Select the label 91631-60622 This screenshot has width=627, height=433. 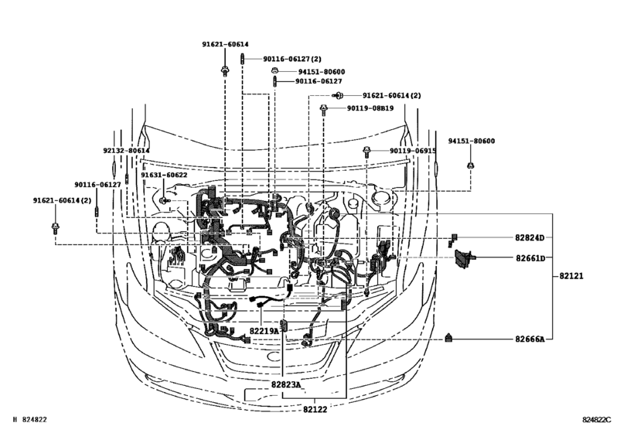click(x=164, y=176)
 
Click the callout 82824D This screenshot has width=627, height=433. click(x=530, y=238)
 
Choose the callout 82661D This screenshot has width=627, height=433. click(x=530, y=257)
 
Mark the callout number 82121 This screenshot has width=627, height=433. click(x=567, y=275)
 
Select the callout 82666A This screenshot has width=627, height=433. click(x=530, y=339)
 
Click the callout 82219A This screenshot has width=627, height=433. click(x=264, y=331)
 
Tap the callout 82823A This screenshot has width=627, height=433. click(x=286, y=384)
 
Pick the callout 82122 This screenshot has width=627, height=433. click(x=314, y=410)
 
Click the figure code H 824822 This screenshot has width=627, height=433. click(x=26, y=420)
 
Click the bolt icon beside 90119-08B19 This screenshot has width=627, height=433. click(x=325, y=109)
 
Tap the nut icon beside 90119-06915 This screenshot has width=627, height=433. click(x=369, y=151)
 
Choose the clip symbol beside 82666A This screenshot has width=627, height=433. click(x=449, y=337)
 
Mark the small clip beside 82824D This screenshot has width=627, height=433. click(x=455, y=237)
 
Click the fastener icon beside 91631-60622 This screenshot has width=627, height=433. click(x=164, y=200)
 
